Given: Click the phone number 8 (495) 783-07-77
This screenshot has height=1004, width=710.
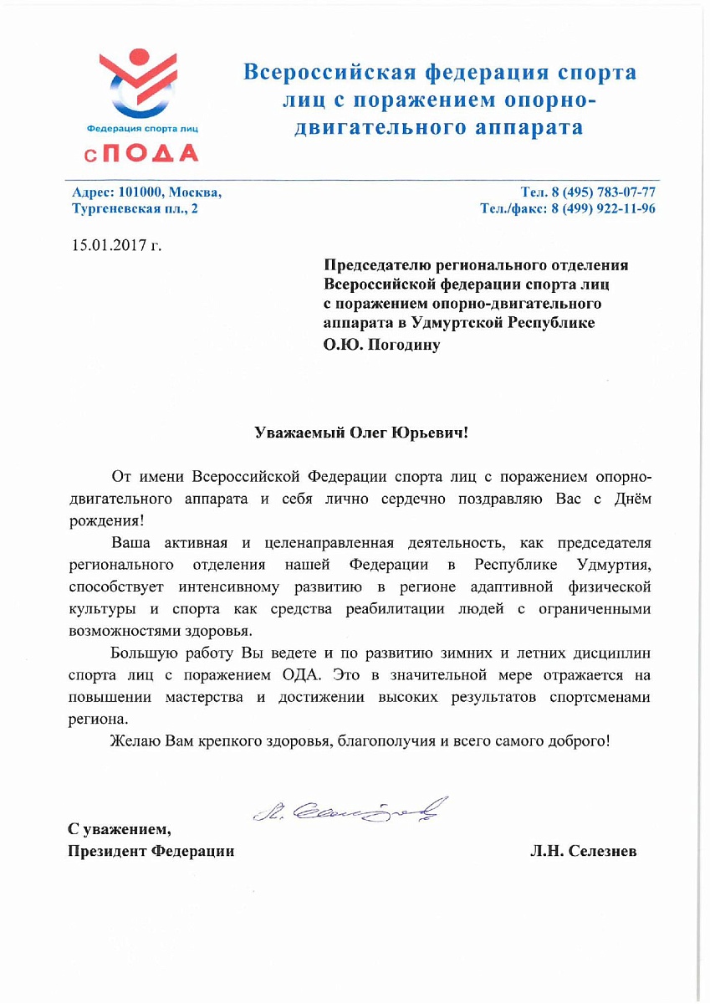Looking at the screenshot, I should [x=598, y=192].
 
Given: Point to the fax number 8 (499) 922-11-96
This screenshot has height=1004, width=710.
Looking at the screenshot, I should [x=602, y=208].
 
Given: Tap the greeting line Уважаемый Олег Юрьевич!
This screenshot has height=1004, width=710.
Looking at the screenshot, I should [x=362, y=433].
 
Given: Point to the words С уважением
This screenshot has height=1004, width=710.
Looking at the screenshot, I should [x=119, y=830].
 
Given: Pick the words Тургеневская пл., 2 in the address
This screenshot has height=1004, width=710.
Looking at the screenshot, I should [x=135, y=208].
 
